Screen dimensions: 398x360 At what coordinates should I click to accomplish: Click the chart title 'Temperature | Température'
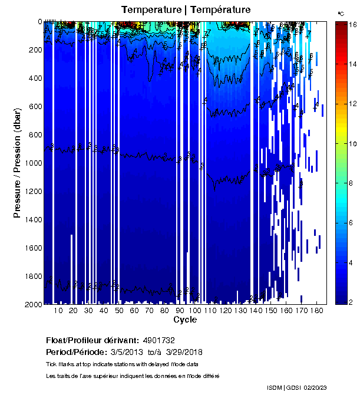[x=186, y=9]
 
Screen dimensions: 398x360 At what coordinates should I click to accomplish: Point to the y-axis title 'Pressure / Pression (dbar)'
[x=17, y=163]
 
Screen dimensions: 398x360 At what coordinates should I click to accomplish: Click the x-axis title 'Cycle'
[x=185, y=320]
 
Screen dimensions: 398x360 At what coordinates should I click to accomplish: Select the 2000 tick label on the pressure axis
[x=33, y=304]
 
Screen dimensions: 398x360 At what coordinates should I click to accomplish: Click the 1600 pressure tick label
[x=33, y=248]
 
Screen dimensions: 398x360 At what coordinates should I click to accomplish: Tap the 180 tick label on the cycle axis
[x=316, y=310]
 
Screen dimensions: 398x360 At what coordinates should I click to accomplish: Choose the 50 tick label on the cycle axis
[x=119, y=310]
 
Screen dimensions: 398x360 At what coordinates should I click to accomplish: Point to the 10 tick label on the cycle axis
[x=58, y=310]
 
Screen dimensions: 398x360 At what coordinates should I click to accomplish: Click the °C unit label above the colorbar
[x=341, y=12]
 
